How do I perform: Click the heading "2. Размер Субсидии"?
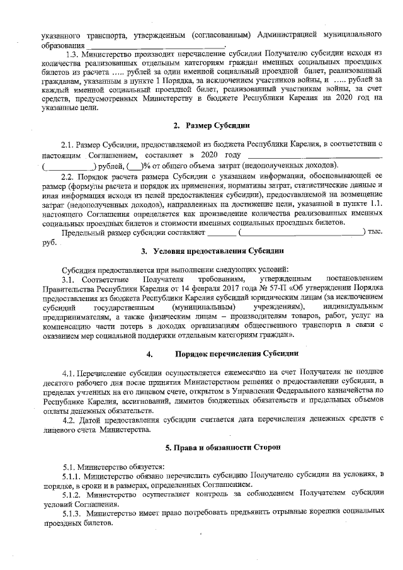coord(201,126)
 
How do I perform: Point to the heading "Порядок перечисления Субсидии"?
coord(224,353)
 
